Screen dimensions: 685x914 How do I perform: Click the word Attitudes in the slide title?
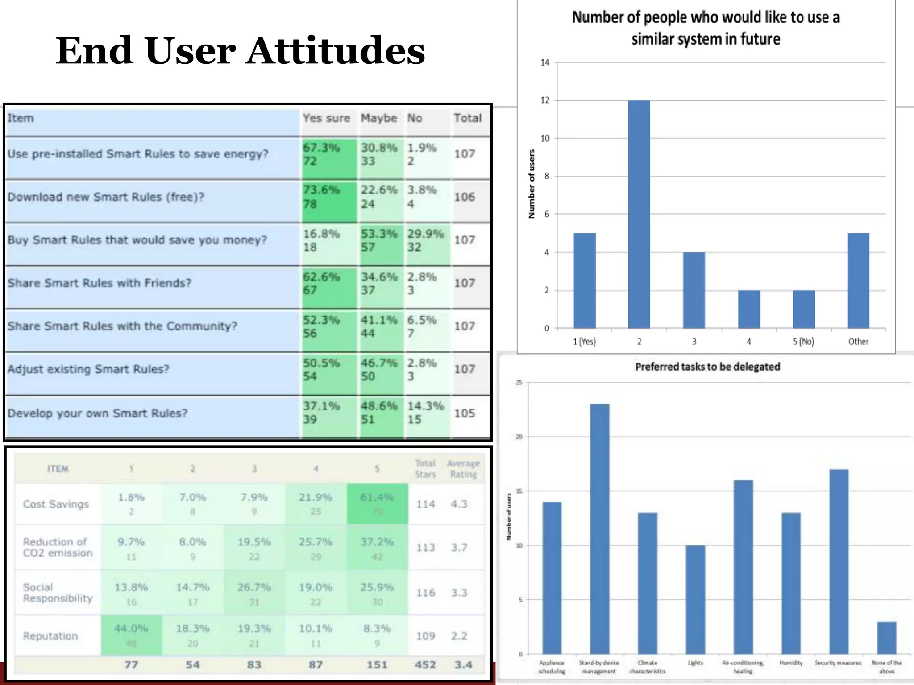336,51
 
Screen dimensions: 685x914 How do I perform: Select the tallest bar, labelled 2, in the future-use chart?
639,214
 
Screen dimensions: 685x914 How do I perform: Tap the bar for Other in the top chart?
858,281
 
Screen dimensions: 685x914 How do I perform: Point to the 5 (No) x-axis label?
803,342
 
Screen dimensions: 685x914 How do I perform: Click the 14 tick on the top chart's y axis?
545,62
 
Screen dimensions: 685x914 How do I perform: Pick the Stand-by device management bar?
599,528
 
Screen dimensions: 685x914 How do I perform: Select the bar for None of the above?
886,638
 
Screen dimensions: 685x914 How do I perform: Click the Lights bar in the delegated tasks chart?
695,599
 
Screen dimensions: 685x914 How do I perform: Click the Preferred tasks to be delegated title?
707,367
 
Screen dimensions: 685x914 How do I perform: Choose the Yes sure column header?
326,118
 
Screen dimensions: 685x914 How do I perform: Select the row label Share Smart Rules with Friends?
100,283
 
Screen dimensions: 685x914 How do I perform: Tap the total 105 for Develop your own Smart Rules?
465,413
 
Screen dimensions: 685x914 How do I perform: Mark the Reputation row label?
50,636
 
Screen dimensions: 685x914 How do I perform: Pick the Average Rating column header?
463,469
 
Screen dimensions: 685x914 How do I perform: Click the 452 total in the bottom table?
425,665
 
